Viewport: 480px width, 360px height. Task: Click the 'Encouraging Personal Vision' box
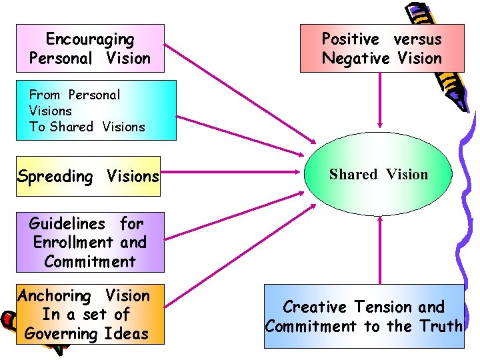[x=90, y=49]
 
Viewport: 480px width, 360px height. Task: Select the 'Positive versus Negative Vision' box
[x=381, y=49]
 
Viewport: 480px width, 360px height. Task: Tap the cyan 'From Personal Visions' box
[x=96, y=110]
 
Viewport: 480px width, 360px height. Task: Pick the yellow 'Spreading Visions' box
[x=89, y=176]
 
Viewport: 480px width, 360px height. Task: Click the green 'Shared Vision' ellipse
[x=379, y=175]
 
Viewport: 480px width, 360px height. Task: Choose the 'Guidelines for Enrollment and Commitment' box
[x=89, y=242]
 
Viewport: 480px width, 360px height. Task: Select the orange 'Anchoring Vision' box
[x=84, y=315]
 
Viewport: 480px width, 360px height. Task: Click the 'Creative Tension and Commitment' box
[x=364, y=316]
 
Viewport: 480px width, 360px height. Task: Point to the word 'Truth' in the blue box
[x=441, y=326]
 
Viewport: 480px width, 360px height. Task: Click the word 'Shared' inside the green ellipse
[x=353, y=175]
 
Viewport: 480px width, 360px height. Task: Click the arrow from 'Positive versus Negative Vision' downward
[x=380, y=100]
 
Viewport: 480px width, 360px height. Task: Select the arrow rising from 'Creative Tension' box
[x=380, y=250]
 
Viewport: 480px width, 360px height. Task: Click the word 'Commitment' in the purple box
[x=90, y=261]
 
